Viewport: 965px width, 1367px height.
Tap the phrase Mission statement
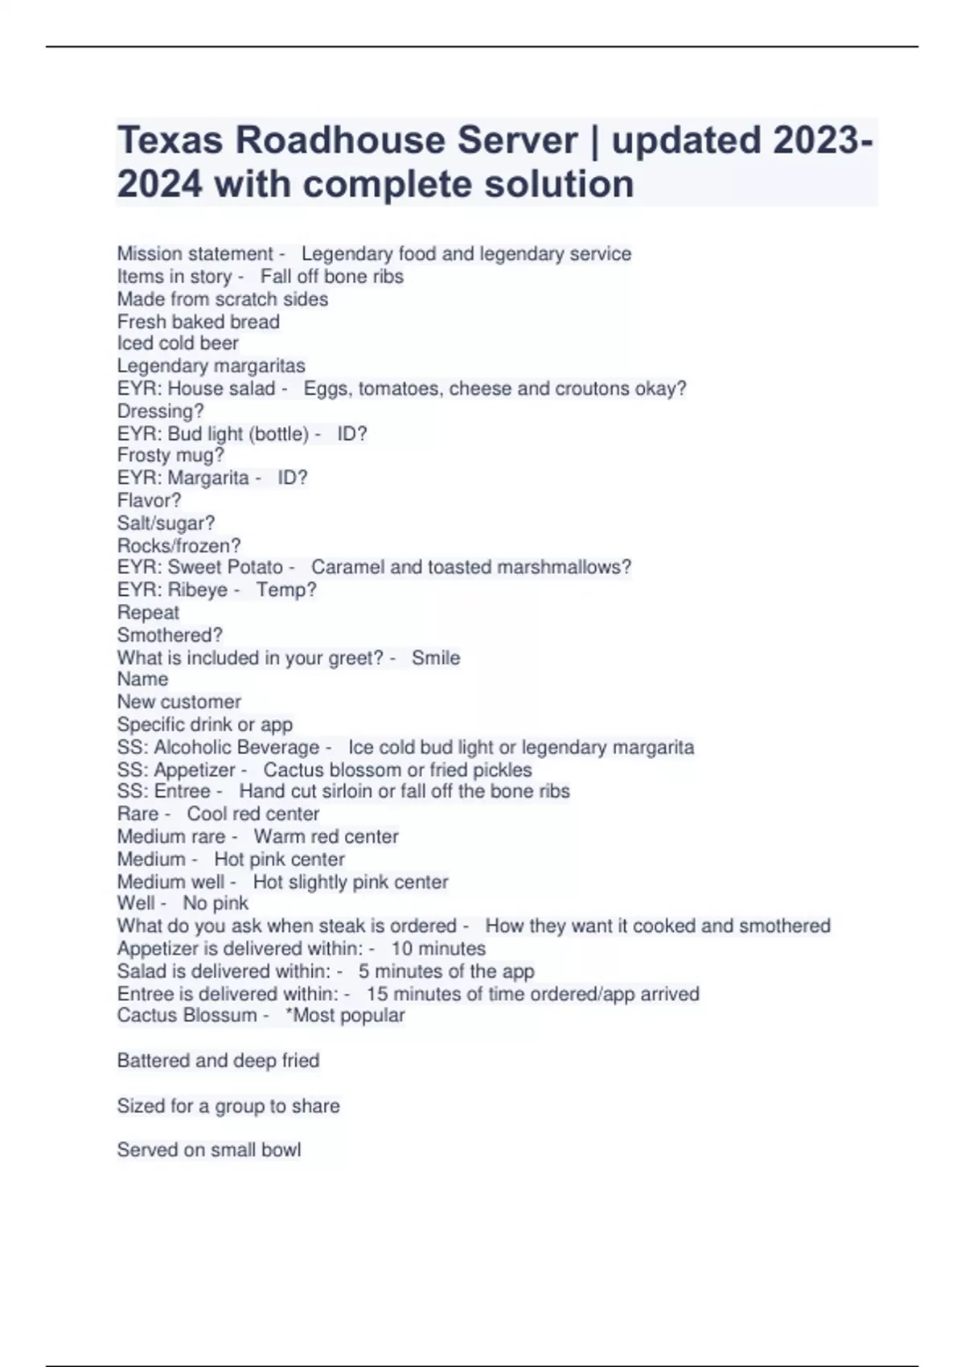pyautogui.click(x=195, y=254)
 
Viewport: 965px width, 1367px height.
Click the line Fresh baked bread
pyautogui.click(x=198, y=322)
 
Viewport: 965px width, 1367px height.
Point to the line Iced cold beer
pyautogui.click(x=178, y=343)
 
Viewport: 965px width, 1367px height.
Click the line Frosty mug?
pyautogui.click(x=170, y=455)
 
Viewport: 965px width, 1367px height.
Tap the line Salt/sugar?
pyautogui.click(x=166, y=523)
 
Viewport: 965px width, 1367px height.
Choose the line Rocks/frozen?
pyautogui.click(x=179, y=545)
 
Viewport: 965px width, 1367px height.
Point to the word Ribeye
pyautogui.click(x=198, y=590)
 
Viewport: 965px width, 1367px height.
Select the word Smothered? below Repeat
pyautogui.click(x=170, y=635)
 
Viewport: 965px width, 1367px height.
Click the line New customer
pyautogui.click(x=179, y=702)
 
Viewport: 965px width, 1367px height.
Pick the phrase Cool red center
pyautogui.click(x=253, y=814)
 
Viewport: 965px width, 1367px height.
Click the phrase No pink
pyautogui.click(x=216, y=904)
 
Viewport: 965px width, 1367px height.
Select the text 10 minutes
pyautogui.click(x=438, y=949)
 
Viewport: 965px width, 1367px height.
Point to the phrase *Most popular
pyautogui.click(x=345, y=1016)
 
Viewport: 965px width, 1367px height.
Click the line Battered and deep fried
pyautogui.click(x=218, y=1061)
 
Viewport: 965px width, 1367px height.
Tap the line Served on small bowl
pyautogui.click(x=209, y=1150)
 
